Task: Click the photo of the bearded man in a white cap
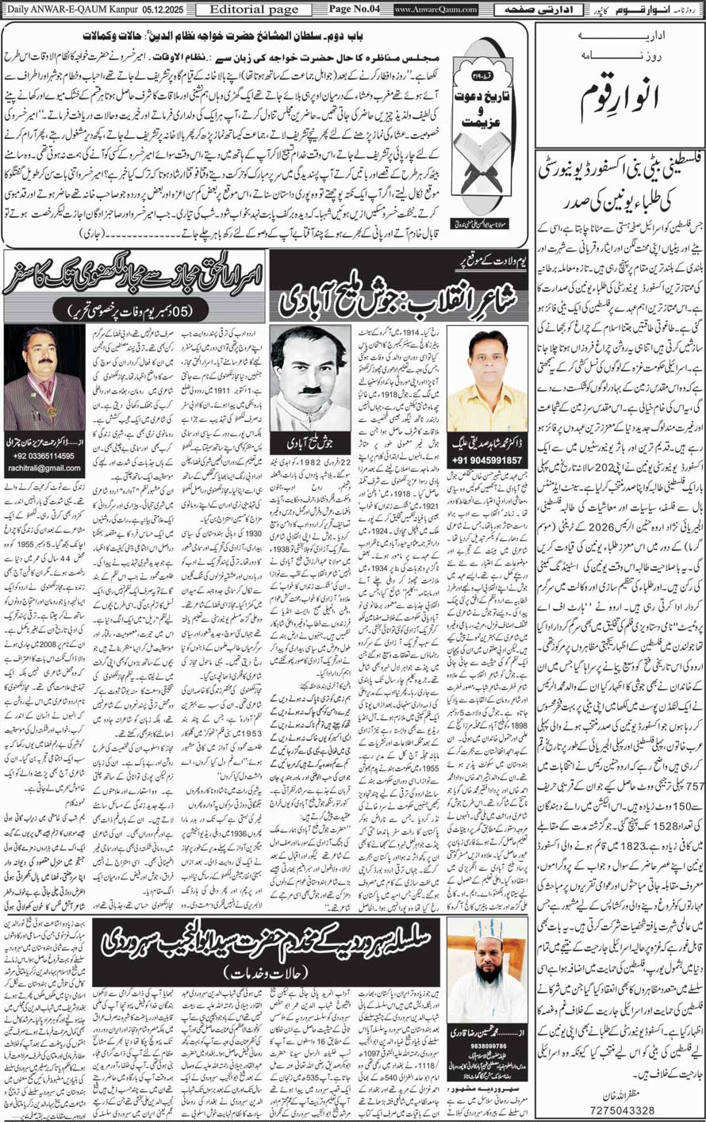click(x=486, y=960)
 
